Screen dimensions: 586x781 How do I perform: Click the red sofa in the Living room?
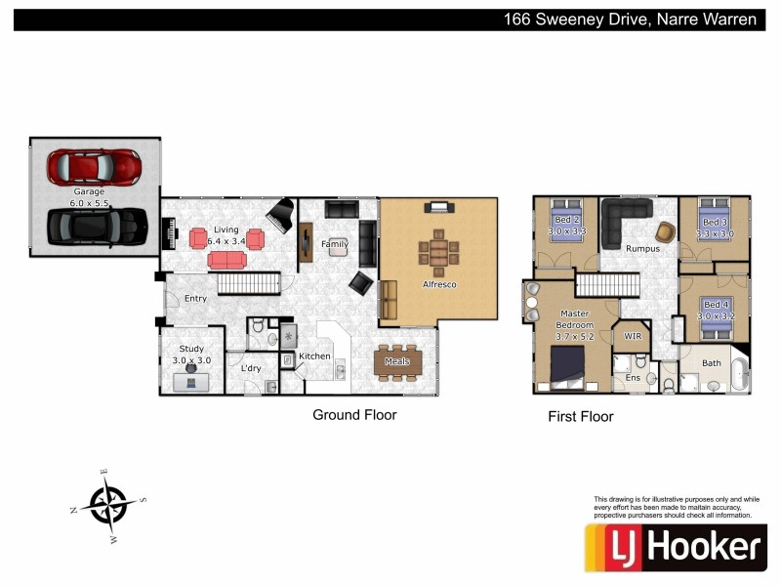coord(227,259)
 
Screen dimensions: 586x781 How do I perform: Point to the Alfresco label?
coord(438,284)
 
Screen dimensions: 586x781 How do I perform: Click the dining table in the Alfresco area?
coord(438,251)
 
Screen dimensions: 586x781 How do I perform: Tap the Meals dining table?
coord(397,360)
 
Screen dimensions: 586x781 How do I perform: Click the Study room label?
coord(190,355)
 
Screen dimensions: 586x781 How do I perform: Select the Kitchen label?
coord(314,356)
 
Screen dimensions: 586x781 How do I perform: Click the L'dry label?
coord(251,368)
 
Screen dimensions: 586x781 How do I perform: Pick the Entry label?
coord(195,298)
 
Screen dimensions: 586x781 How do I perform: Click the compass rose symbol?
coord(107,505)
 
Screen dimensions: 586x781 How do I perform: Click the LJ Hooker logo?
coord(674,546)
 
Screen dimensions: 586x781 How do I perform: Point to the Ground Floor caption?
coord(354,415)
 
